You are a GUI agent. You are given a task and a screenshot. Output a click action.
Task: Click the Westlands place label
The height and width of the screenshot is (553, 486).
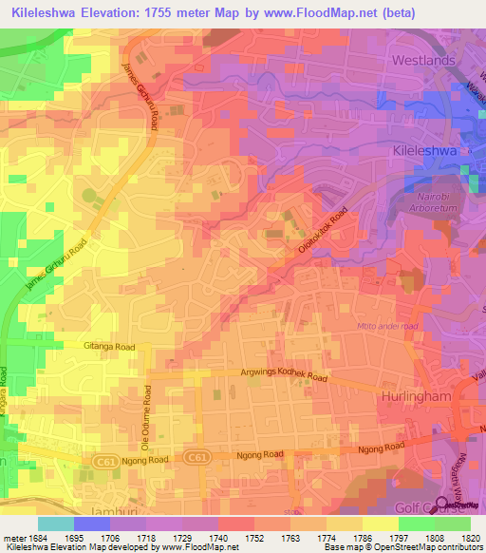click(423, 60)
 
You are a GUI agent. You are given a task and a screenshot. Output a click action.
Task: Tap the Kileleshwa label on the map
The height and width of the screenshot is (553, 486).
click(428, 150)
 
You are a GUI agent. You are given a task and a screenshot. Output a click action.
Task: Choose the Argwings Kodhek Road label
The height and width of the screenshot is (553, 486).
click(283, 377)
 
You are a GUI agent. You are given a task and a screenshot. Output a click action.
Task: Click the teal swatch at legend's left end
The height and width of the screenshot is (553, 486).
click(56, 524)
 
